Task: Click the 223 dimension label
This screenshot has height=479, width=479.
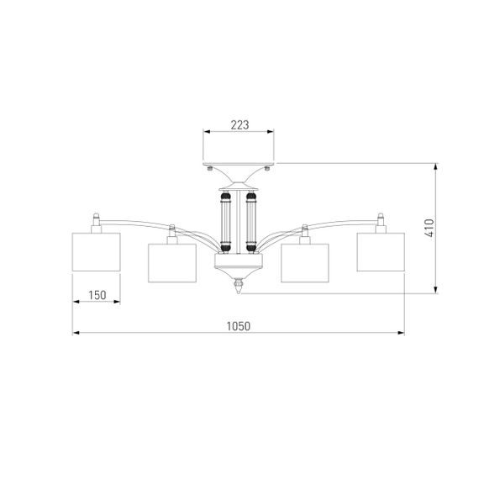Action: pyautogui.click(x=239, y=125)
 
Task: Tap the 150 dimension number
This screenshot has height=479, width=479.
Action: pyautogui.click(x=97, y=295)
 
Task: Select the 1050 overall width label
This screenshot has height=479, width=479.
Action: pyautogui.click(x=239, y=326)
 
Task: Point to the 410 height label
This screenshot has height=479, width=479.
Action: pyautogui.click(x=429, y=228)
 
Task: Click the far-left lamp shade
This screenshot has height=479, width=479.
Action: pyautogui.click(x=97, y=252)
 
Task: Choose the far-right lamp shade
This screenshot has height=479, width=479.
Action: pyautogui.click(x=381, y=252)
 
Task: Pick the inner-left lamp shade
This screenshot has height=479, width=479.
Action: pyautogui.click(x=172, y=263)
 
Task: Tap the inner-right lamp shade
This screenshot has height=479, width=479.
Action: pyautogui.click(x=305, y=263)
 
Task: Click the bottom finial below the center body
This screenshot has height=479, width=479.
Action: pyautogui.click(x=239, y=286)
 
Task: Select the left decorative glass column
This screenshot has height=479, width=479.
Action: pyautogui.click(x=226, y=223)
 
